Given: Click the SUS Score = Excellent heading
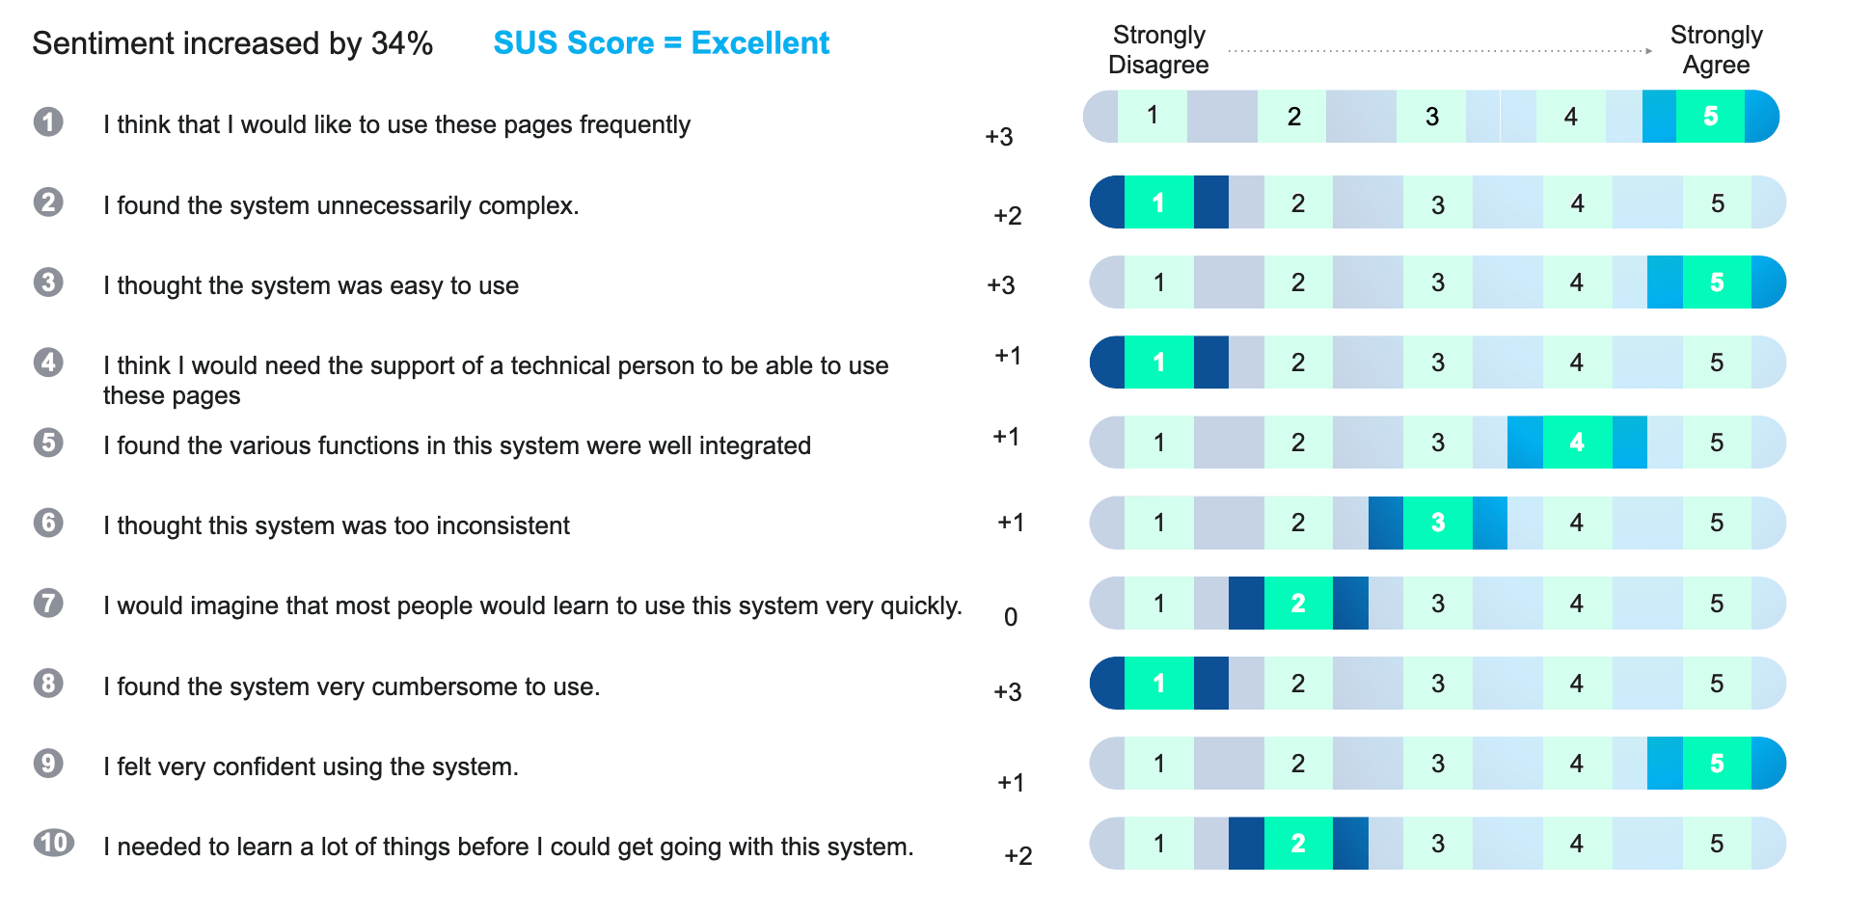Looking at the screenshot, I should [x=661, y=43].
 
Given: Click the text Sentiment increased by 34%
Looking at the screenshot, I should [x=232, y=43].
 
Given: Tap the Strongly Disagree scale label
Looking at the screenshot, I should [x=1158, y=50].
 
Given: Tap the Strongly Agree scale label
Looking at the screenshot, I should [x=1716, y=50].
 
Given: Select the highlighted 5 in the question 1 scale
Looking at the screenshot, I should [x=1710, y=117].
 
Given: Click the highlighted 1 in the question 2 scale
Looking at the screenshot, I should [x=1158, y=202].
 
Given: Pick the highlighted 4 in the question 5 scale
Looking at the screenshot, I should [x=1577, y=443].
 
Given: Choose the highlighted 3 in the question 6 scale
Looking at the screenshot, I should [x=1437, y=523].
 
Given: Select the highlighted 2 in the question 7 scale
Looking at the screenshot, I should [x=1298, y=604].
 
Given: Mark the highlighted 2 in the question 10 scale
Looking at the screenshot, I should [x=1298, y=844].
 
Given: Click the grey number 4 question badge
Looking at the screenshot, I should [x=48, y=363].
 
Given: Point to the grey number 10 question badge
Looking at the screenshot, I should [x=53, y=843].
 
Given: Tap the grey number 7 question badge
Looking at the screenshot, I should [x=48, y=603].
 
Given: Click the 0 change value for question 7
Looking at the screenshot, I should [x=1011, y=617].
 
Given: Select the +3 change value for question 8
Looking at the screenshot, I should [x=1008, y=692].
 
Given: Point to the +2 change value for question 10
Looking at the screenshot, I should [x=1018, y=856].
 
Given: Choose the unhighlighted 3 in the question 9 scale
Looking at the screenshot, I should [x=1437, y=764].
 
